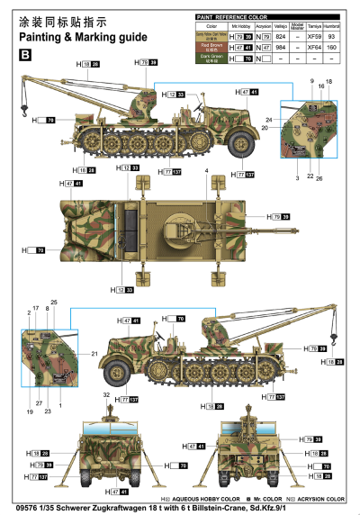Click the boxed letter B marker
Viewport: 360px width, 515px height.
(x=24, y=55)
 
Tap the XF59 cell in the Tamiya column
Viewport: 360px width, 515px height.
(x=312, y=36)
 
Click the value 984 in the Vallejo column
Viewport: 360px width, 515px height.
(x=280, y=47)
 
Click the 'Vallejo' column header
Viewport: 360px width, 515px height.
(x=280, y=26)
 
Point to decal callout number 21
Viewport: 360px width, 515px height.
(x=94, y=355)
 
